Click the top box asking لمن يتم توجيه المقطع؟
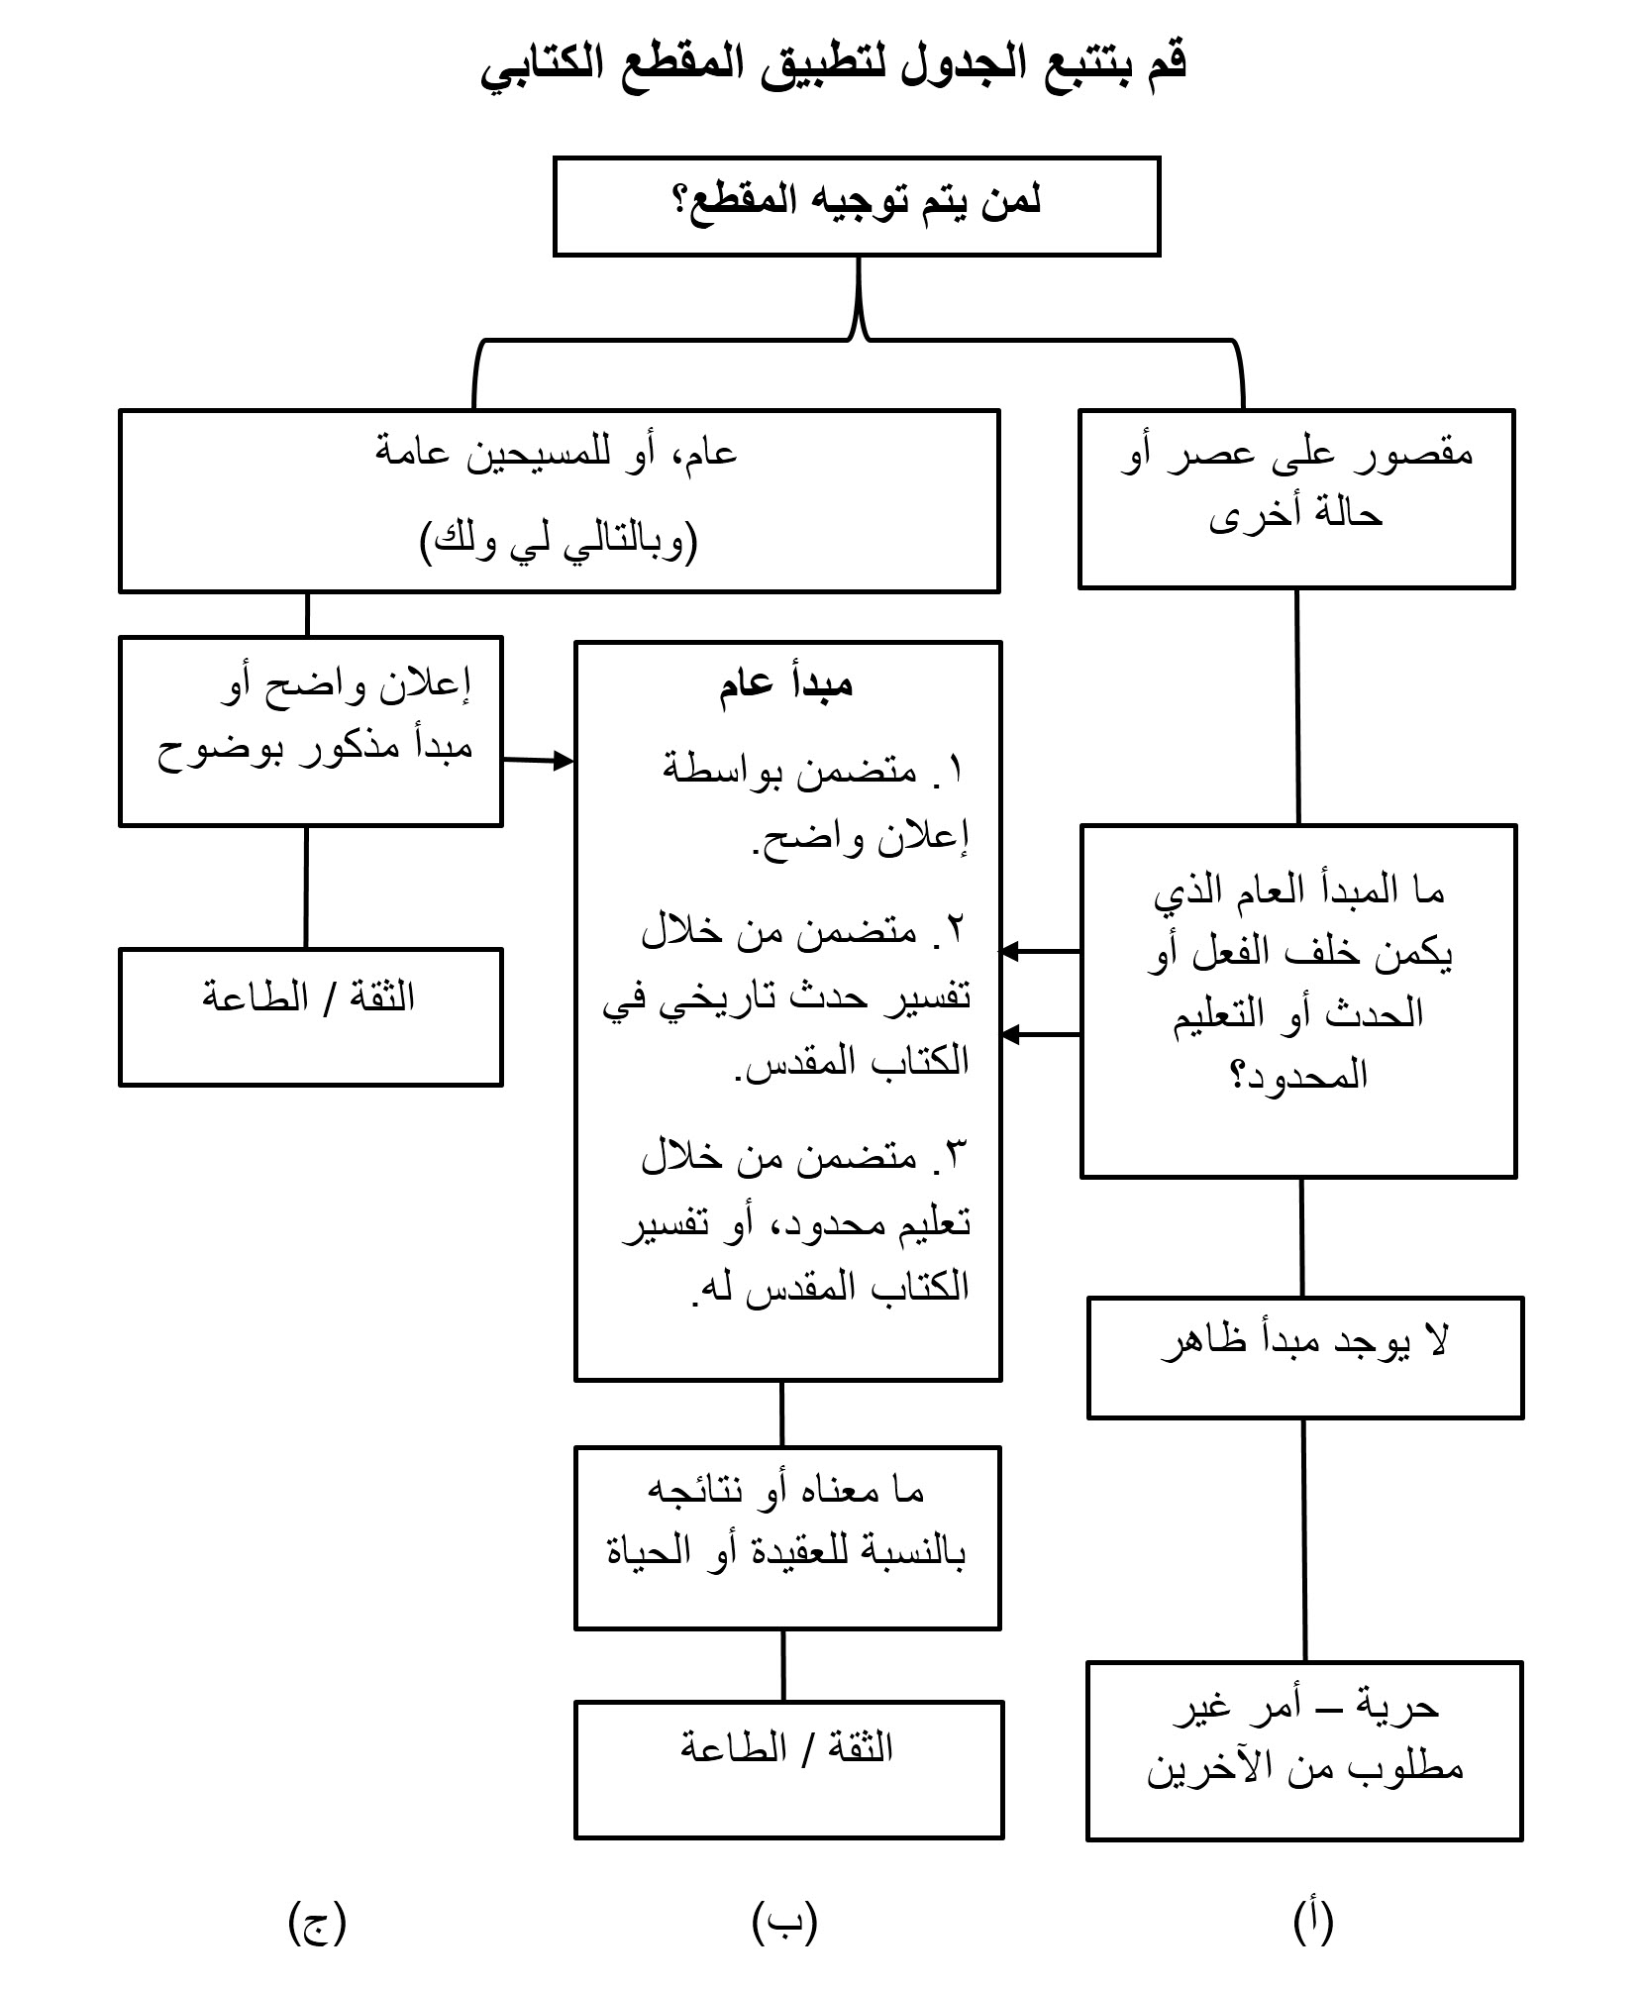[x=856, y=206]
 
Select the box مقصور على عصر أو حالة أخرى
[x=1295, y=498]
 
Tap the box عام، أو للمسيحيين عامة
[x=559, y=500]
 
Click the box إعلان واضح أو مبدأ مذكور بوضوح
[x=310, y=731]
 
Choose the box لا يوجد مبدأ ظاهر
[x=1304, y=1357]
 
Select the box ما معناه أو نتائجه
[x=787, y=1537]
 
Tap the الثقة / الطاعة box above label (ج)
[x=310, y=1016]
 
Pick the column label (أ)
[x=1313, y=1922]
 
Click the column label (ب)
[x=784, y=1922]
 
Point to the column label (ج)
[x=318, y=1922]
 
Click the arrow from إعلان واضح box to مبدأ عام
[x=539, y=761]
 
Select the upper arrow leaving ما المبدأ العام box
[x=1040, y=952]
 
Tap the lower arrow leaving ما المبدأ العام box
[x=1040, y=1035]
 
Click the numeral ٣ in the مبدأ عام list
[x=955, y=1155]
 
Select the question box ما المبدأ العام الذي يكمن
[x=1298, y=1000]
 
